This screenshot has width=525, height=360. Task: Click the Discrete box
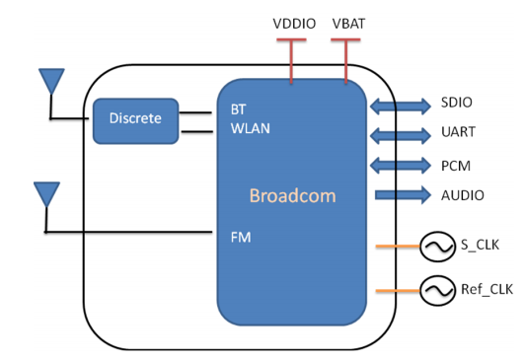tap(135, 121)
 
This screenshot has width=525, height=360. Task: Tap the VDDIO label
tap(294, 24)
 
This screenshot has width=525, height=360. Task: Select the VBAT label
tap(348, 24)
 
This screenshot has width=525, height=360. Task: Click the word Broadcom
tap(293, 195)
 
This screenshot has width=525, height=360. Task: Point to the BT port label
tap(239, 109)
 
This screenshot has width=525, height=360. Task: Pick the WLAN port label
tap(251, 128)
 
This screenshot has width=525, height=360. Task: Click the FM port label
tap(241, 238)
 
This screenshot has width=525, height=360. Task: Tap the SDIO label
tap(457, 103)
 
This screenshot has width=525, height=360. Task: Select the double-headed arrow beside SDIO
tap(401, 107)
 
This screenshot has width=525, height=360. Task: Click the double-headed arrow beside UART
tap(401, 135)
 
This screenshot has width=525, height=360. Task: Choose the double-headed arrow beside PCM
tap(401, 166)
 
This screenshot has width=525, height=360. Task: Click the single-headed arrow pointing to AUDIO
tap(403, 194)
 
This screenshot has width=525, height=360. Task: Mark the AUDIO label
tap(463, 195)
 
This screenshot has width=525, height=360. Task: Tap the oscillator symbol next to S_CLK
tap(437, 247)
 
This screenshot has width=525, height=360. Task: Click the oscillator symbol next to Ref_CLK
tap(437, 290)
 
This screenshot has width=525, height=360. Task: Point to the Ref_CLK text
tap(487, 289)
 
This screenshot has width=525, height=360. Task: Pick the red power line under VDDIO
tap(291, 60)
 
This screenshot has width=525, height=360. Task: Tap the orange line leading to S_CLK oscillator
tap(398, 247)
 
